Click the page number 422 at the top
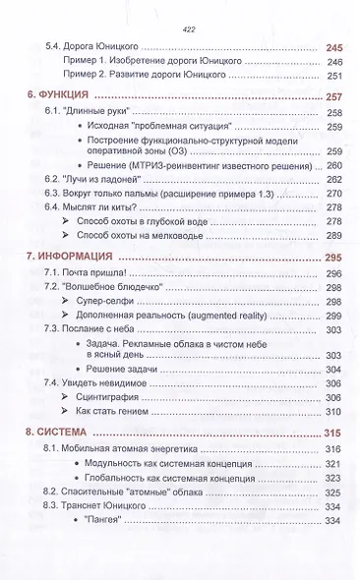point(179,29)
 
